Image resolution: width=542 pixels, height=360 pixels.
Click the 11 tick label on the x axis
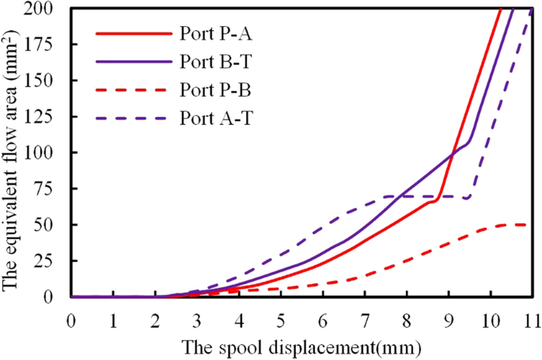531,320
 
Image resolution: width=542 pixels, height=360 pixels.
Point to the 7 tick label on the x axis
364,320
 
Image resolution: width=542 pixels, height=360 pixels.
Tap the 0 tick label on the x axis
71,320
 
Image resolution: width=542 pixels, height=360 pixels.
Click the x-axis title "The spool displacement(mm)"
301,346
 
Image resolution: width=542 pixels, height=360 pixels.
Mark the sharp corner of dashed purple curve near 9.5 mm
470,197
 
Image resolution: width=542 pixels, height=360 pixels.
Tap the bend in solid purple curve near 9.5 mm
469,143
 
